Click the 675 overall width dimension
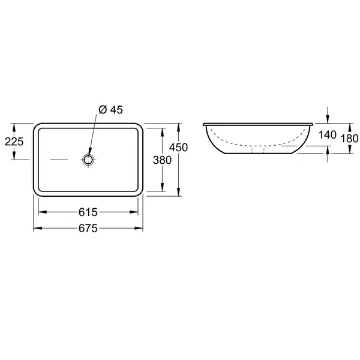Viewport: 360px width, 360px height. [x=88, y=229]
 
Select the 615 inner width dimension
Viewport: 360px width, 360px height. [x=88, y=212]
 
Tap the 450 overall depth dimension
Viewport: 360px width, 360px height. [x=178, y=148]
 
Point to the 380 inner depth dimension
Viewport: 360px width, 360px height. [x=163, y=160]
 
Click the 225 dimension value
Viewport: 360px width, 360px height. [x=14, y=142]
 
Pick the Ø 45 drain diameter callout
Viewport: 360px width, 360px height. [x=110, y=110]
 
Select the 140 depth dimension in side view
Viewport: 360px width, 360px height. [x=328, y=135]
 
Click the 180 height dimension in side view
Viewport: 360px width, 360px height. [x=349, y=139]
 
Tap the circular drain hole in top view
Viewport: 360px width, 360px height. [x=88, y=160]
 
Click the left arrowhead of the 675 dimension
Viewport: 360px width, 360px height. [x=38, y=228]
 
